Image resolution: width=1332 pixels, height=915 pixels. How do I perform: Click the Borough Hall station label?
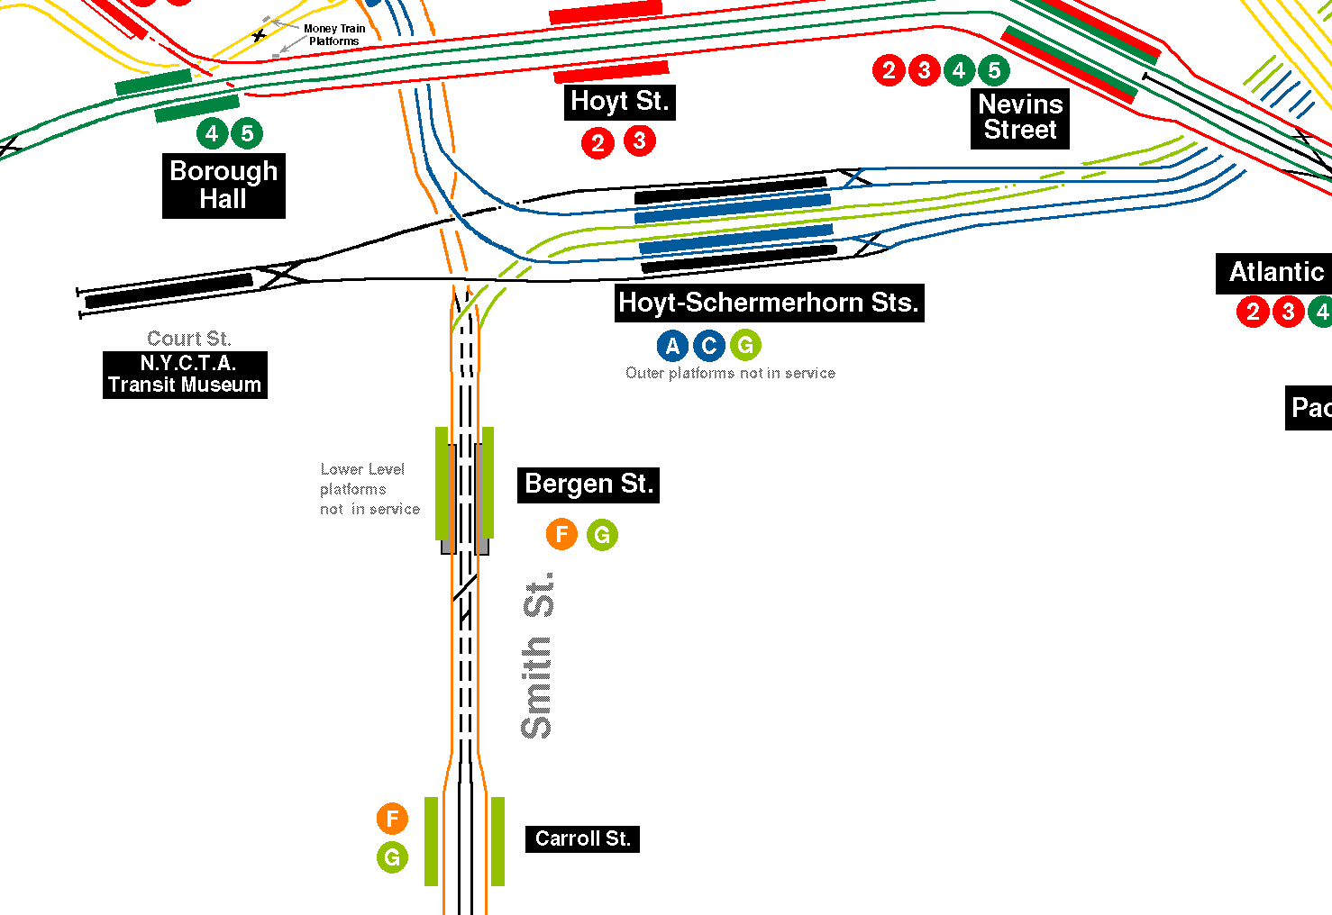pos(224,186)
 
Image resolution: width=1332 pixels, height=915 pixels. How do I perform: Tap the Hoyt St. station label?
pos(620,101)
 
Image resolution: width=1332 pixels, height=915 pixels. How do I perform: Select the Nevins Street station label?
pos(1020,117)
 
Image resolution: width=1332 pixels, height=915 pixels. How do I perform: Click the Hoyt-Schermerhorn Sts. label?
pos(769,303)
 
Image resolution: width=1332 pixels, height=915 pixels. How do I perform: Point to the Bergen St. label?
pos(588,485)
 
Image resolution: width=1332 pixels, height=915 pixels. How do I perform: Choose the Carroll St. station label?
pos(582,838)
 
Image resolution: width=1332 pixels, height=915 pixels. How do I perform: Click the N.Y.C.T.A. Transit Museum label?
pos(185,375)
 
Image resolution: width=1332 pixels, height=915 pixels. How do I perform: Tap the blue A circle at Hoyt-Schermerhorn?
pos(672,346)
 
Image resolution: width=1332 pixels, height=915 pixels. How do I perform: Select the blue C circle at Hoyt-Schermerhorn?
pos(709,346)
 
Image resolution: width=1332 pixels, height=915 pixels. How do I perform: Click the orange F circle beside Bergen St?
pos(561,535)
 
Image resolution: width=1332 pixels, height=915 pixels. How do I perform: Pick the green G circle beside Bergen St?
pos(602,535)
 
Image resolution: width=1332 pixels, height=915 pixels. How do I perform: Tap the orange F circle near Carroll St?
pos(392,819)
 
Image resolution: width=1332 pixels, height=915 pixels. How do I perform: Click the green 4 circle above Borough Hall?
pos(212,133)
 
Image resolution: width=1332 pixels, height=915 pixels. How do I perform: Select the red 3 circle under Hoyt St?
pos(640,140)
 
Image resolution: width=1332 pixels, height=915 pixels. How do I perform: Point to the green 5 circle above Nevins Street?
pos(994,69)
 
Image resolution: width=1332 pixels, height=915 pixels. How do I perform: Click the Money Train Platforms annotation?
pos(334,35)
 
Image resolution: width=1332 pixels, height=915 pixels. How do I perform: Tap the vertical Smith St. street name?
pos(538,656)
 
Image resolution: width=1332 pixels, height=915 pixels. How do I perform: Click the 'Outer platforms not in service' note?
pos(730,373)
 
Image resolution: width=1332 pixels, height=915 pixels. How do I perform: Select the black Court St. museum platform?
pos(169,290)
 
